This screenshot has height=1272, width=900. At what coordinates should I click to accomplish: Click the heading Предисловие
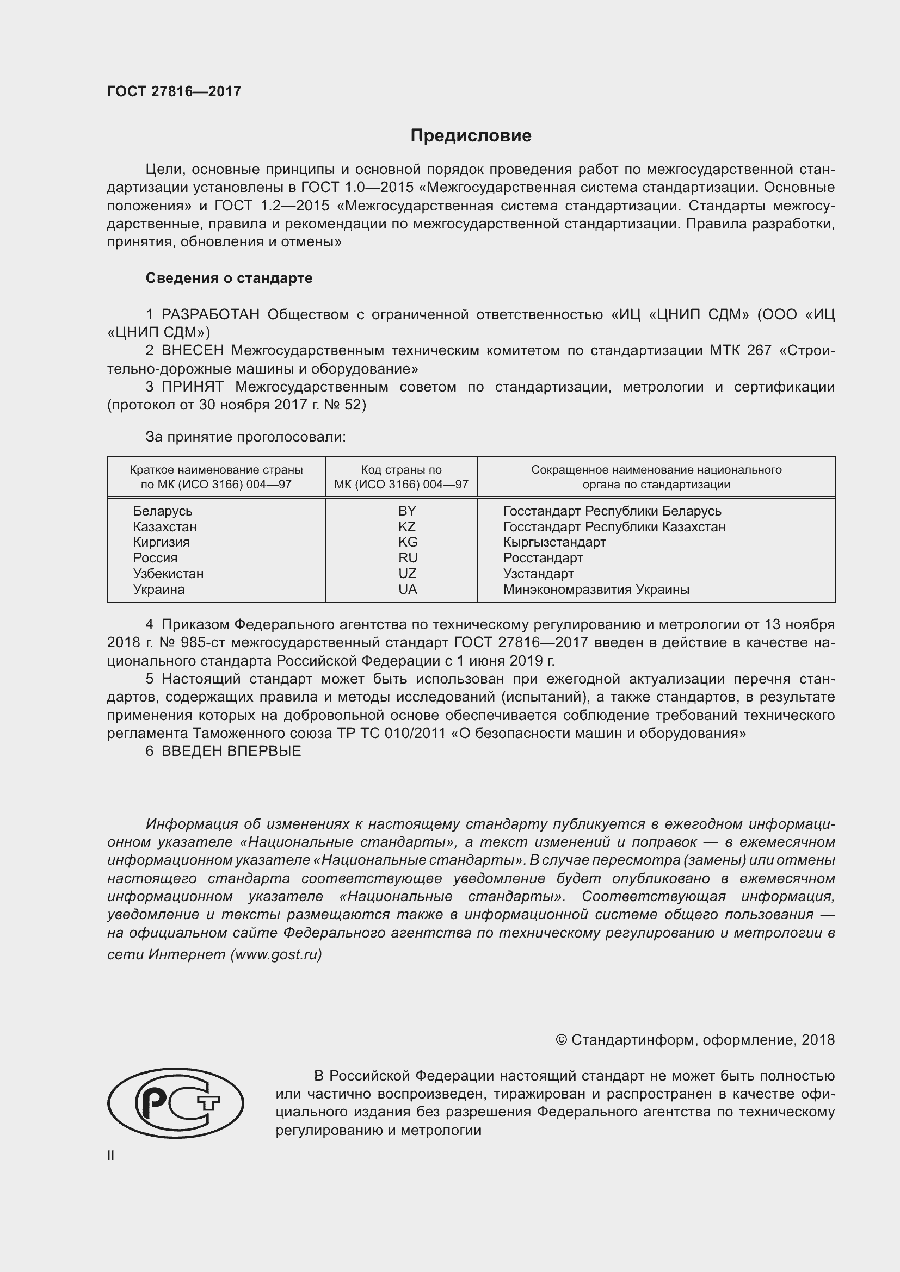click(x=471, y=136)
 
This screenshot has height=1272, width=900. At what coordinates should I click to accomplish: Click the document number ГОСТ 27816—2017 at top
click(x=174, y=91)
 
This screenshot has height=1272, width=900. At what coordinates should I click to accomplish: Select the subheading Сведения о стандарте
click(x=229, y=278)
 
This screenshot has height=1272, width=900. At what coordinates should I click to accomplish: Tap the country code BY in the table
click(x=407, y=511)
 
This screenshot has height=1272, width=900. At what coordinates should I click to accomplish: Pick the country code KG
click(x=408, y=542)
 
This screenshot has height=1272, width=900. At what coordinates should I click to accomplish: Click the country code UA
click(x=408, y=589)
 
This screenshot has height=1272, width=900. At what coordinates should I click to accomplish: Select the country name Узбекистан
click(x=168, y=573)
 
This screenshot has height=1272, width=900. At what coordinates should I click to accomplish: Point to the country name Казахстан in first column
click(x=164, y=526)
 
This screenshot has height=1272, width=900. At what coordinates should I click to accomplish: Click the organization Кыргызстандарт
click(x=554, y=542)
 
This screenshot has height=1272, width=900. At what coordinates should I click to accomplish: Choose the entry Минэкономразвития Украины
click(x=596, y=589)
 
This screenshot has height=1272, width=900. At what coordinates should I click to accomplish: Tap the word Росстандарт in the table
click(x=543, y=557)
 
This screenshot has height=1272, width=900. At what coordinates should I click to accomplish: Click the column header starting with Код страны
click(x=401, y=477)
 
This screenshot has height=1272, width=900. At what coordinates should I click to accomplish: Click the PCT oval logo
click(x=175, y=1103)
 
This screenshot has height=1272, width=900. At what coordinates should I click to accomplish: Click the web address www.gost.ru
click(x=275, y=954)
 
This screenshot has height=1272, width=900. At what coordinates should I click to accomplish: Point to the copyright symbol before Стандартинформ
click(x=561, y=1040)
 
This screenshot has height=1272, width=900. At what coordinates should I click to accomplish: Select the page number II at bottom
click(x=110, y=1155)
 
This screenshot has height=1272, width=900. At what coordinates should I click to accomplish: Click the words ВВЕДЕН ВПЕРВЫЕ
click(x=231, y=751)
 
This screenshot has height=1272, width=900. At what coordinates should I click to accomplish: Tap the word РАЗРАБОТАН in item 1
click(x=210, y=315)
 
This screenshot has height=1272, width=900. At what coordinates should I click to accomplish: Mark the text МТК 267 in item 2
click(x=740, y=351)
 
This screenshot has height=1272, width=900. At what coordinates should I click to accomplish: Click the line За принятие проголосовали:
click(x=245, y=437)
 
